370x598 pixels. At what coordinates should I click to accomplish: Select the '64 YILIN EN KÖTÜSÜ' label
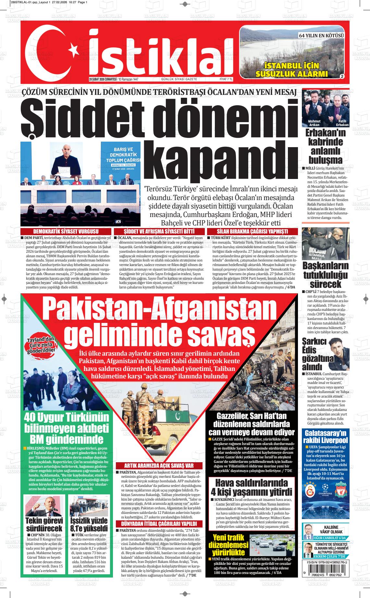pos(321,35)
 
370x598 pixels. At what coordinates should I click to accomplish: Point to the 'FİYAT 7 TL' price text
pos(226,79)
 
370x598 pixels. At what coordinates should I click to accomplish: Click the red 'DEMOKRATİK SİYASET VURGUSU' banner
pos(66,231)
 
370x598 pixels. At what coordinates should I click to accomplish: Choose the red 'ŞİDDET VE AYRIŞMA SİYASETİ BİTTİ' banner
pos(159,231)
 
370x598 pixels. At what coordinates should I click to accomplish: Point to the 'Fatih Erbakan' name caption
pos(342,123)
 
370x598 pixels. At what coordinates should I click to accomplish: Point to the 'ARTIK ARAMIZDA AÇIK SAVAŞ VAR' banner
pos(159,465)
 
